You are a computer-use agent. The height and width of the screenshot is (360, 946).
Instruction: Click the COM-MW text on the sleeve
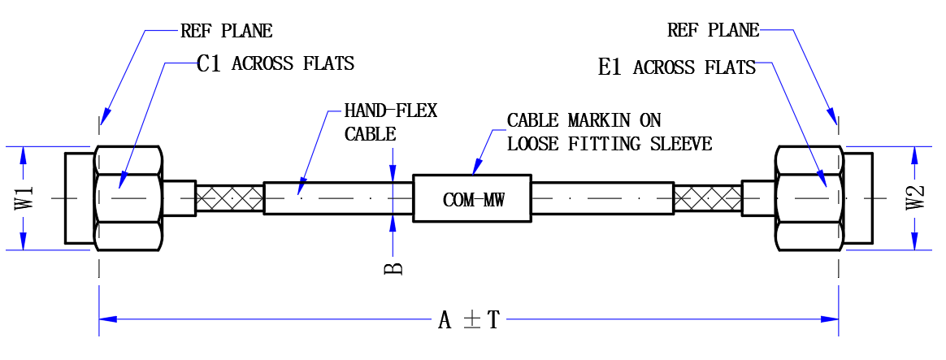[473, 200]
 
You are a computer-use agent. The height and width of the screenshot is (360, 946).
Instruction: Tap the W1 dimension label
[24, 197]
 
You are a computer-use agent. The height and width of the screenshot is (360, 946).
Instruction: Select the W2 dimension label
[915, 197]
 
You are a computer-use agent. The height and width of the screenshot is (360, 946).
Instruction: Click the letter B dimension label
[393, 267]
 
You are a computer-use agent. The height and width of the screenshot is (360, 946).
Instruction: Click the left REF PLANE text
[226, 30]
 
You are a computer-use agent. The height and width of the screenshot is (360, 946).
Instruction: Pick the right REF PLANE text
[713, 30]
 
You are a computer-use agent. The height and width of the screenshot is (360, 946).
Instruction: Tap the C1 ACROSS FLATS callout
[276, 63]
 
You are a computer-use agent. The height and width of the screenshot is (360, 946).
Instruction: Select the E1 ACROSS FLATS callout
[677, 67]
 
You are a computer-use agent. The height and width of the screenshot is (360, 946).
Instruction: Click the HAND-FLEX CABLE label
[390, 123]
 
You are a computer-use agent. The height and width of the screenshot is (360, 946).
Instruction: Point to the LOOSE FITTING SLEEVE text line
[610, 144]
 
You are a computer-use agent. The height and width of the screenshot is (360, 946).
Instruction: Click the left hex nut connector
[128, 197]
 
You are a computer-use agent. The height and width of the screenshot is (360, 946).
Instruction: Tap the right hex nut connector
[809, 197]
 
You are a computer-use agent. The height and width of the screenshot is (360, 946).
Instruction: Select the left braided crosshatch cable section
[229, 197]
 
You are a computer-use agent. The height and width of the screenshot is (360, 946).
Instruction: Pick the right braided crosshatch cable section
[707, 197]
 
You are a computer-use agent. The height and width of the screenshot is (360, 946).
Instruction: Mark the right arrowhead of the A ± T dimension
[830, 319]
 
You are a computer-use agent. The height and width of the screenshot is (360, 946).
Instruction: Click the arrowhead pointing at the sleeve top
[477, 167]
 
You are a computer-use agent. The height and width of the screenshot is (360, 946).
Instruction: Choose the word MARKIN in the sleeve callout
[597, 120]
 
